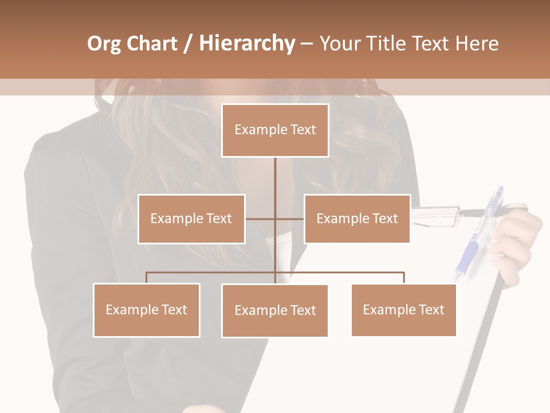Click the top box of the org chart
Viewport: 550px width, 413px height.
pyautogui.click(x=275, y=130)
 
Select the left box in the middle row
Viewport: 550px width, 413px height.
pyautogui.click(x=191, y=219)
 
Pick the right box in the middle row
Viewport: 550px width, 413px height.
pyautogui.click(x=357, y=219)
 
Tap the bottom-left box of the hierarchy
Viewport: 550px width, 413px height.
pyautogui.click(x=147, y=310)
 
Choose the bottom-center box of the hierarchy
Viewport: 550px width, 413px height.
pyautogui.click(x=275, y=310)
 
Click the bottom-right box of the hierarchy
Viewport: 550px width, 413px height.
pyautogui.click(x=403, y=310)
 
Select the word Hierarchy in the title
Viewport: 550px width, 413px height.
pyautogui.click(x=246, y=44)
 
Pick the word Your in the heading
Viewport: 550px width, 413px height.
pyautogui.click(x=341, y=44)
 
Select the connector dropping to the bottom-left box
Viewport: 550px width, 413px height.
pyautogui.click(x=147, y=278)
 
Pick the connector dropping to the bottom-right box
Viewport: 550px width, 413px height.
pyautogui.click(x=404, y=278)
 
